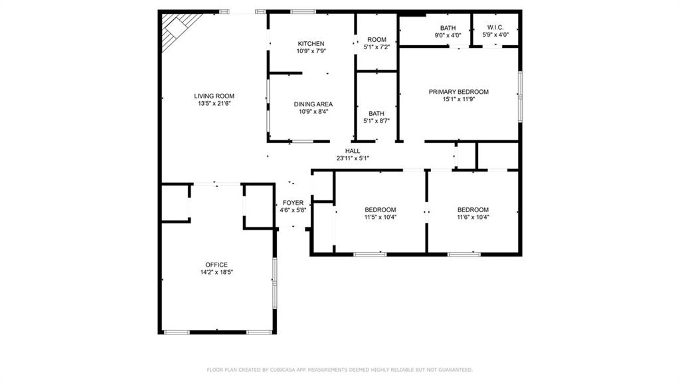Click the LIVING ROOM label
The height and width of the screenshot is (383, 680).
coord(214,96)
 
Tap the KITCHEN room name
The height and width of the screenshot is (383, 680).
coord(311,43)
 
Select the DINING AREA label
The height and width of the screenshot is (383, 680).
coord(313,104)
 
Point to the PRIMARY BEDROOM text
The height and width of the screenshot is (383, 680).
coord(458,92)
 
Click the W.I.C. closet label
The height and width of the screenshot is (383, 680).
coord(495,27)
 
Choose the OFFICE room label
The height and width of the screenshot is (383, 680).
coord(216,265)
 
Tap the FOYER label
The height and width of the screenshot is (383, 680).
coord(293,203)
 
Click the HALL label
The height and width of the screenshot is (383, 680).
coord(353,151)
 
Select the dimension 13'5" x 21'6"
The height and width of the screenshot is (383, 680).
coord(214,103)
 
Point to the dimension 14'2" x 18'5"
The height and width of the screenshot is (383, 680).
coord(216,272)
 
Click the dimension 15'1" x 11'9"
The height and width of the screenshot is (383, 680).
coord(458,99)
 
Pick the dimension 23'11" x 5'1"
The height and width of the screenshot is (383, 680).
coord(353,158)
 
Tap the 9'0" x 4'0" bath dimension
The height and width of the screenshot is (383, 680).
coord(448,35)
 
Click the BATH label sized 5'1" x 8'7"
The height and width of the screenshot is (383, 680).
coord(377,113)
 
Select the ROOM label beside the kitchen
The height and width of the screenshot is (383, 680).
coord(377,39)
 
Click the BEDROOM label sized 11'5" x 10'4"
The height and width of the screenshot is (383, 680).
coord(381,209)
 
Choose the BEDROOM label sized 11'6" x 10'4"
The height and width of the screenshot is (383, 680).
coord(473,209)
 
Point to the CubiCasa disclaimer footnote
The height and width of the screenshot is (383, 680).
coord(339,370)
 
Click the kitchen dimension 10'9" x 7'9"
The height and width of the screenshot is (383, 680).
coord(311,51)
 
